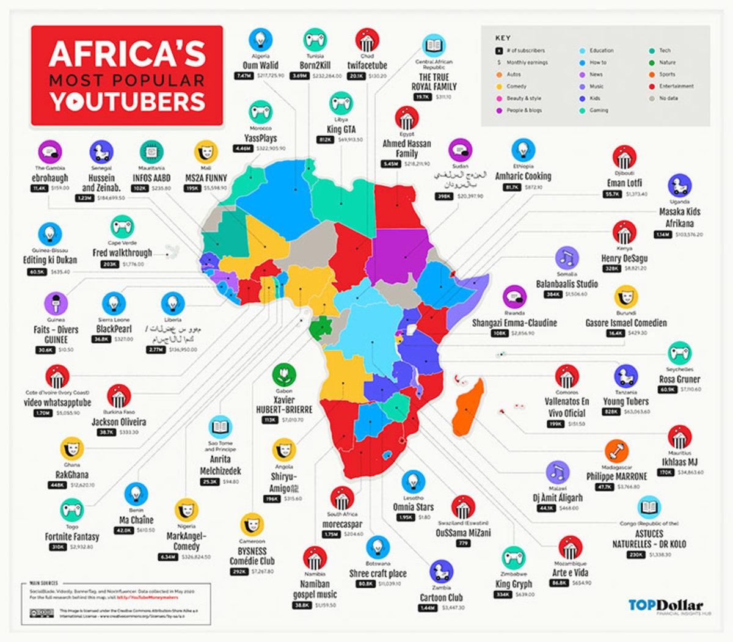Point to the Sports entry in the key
pyautogui.click(x=667, y=75)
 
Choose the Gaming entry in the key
pyautogui.click(x=599, y=111)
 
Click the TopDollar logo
pyautogui.click(x=665, y=605)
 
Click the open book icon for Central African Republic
pyautogui.click(x=434, y=46)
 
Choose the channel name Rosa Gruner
pyautogui.click(x=680, y=379)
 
